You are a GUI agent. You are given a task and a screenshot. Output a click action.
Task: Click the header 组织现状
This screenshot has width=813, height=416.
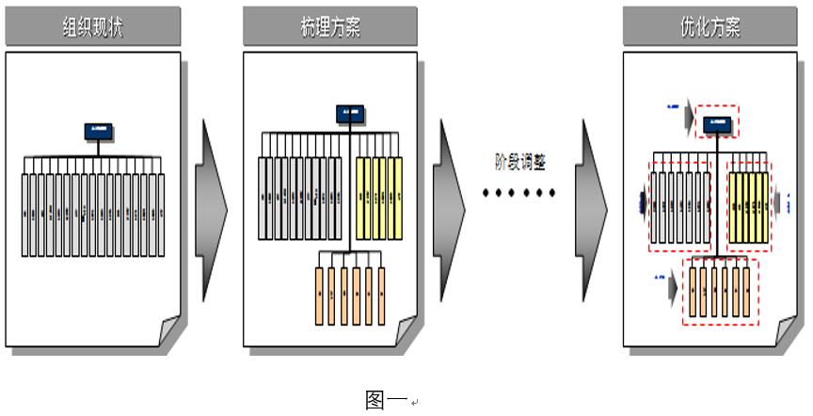point(92,26)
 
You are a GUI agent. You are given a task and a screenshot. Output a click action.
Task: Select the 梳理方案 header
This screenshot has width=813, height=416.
point(329,26)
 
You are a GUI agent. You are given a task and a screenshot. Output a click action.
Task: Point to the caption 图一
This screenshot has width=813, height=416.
point(386,399)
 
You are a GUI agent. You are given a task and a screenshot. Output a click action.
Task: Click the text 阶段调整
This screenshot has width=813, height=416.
point(520,160)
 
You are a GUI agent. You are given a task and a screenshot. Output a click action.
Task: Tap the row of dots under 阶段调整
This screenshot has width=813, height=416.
point(520,193)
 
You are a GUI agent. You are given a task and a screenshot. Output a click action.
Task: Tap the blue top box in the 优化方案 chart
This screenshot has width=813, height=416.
point(717,122)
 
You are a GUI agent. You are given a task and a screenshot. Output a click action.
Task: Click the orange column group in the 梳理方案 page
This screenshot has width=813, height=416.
point(350,295)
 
